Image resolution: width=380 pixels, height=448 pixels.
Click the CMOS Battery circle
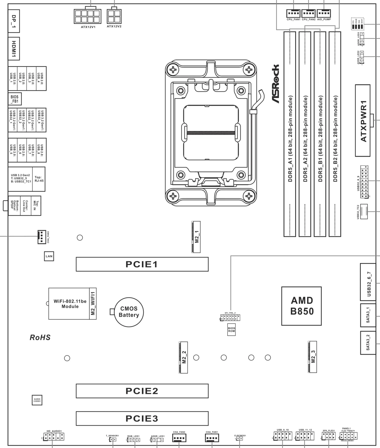point(129,312)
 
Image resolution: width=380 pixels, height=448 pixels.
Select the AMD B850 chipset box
point(301,306)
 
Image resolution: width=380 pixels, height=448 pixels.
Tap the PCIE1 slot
point(142,264)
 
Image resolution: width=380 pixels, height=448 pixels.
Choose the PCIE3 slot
point(142,418)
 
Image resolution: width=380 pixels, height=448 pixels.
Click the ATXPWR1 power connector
point(363,121)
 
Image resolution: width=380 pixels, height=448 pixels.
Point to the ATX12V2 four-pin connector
point(114,16)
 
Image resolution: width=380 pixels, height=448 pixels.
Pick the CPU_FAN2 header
point(308,13)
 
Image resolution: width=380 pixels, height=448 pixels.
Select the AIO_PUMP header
point(324,13)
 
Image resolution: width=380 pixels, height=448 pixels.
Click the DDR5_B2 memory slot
point(335,134)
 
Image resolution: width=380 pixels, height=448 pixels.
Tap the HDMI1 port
point(14,48)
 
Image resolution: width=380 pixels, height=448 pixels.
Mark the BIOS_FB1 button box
point(15,99)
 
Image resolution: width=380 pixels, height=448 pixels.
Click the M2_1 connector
point(196,237)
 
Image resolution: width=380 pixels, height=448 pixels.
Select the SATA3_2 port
point(368,343)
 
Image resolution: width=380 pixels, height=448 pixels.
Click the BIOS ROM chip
point(231,329)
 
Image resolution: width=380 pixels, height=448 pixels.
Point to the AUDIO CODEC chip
point(37,400)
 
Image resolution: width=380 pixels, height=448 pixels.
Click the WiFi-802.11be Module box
point(69,304)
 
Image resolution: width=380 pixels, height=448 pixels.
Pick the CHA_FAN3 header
point(42,237)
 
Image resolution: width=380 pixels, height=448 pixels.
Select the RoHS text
point(40,338)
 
